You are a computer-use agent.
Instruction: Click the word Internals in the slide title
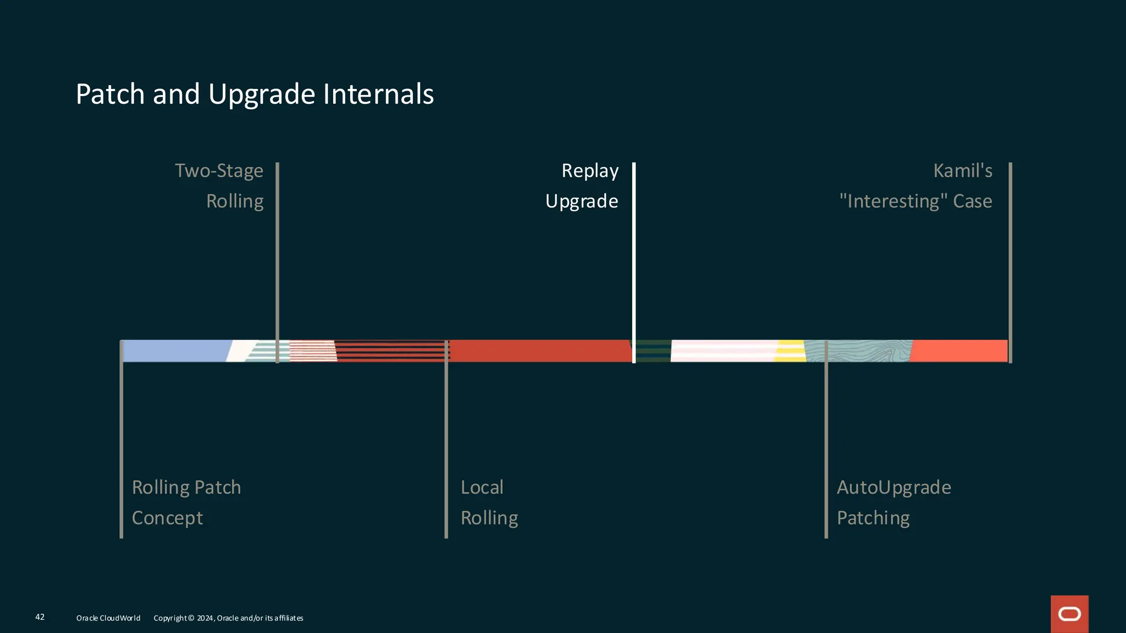(x=378, y=94)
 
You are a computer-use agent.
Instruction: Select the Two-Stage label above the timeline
(x=219, y=171)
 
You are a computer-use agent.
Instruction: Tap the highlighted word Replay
(x=590, y=171)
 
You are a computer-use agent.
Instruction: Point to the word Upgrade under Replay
(x=582, y=201)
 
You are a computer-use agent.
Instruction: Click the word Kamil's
(x=963, y=171)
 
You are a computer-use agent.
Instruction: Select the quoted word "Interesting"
(x=893, y=201)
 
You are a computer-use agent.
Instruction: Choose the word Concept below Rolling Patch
(x=167, y=518)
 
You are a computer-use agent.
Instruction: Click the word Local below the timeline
(x=482, y=487)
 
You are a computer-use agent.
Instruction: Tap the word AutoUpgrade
(x=893, y=487)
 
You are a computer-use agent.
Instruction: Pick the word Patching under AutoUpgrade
(x=873, y=518)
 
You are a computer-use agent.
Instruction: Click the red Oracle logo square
(x=1069, y=614)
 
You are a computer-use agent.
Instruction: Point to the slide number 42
(x=40, y=617)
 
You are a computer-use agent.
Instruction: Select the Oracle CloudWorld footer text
(x=108, y=618)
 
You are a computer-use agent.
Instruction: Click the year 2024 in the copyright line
(x=205, y=618)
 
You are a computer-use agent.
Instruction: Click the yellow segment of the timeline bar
(x=791, y=351)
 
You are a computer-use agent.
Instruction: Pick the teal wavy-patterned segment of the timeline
(x=869, y=351)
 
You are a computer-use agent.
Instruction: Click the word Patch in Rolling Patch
(x=218, y=487)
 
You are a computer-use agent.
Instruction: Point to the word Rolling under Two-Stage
(x=235, y=201)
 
